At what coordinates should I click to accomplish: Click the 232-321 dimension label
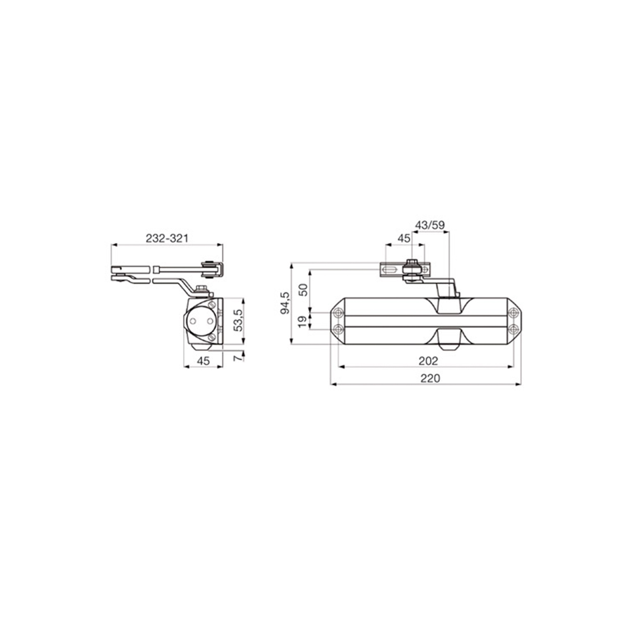167,239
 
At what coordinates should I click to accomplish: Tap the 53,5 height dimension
238,320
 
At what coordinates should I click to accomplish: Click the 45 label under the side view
203,361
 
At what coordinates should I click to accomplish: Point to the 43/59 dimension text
430,225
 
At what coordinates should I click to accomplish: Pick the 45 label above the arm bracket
404,239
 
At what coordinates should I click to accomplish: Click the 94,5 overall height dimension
285,303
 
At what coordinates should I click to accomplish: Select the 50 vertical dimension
303,290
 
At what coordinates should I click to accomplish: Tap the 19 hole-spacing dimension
303,321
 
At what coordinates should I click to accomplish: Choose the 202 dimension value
428,361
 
